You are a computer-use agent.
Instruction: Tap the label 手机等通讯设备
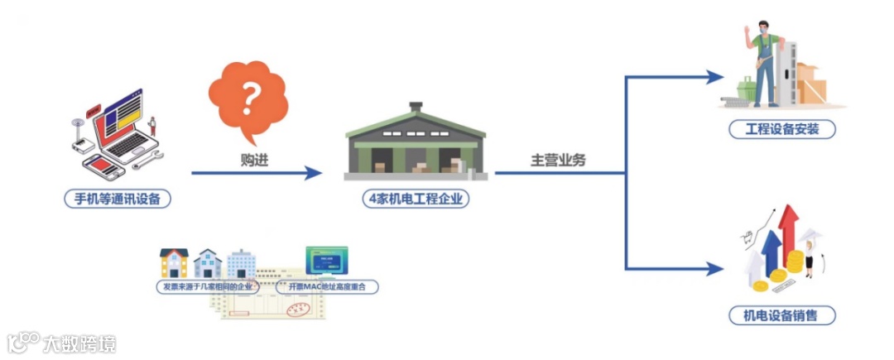click(x=118, y=199)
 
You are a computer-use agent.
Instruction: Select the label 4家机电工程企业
click(x=415, y=199)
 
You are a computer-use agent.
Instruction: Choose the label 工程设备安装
click(x=781, y=130)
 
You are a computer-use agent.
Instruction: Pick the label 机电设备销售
click(x=781, y=315)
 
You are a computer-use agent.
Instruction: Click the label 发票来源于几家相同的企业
click(x=209, y=286)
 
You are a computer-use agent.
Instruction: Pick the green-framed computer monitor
click(x=327, y=261)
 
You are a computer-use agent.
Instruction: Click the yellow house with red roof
click(x=174, y=263)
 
